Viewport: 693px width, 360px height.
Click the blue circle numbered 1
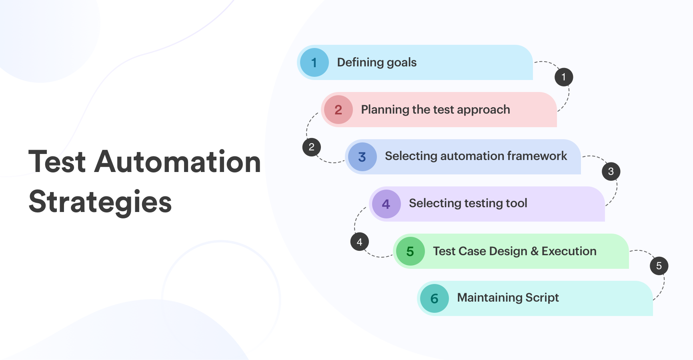(x=314, y=62)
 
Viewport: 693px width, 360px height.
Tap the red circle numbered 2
(x=338, y=110)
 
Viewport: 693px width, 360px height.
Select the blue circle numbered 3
(x=363, y=157)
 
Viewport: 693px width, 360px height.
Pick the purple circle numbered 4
(x=387, y=204)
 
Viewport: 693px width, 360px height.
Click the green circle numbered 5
(x=411, y=251)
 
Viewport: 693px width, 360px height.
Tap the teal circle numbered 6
(x=435, y=298)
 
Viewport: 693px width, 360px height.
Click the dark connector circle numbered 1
(x=564, y=77)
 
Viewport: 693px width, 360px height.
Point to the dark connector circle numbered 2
(x=312, y=147)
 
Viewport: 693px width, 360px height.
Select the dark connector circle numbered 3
(x=611, y=171)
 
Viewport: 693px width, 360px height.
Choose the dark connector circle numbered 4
(x=360, y=242)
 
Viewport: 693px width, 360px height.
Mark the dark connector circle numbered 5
(x=659, y=266)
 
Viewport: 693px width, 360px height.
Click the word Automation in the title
(x=178, y=162)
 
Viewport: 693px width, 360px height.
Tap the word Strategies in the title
(x=100, y=202)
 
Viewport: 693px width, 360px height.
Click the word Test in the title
(x=57, y=162)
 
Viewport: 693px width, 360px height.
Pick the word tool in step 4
(x=517, y=203)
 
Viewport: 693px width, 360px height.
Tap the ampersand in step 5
(x=535, y=251)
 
